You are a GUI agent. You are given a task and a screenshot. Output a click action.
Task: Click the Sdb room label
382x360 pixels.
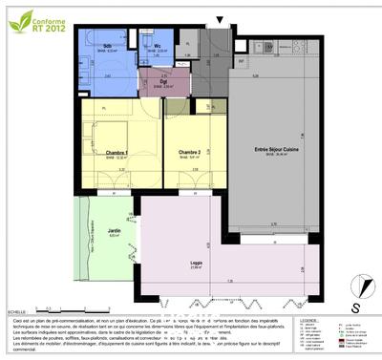(106, 46)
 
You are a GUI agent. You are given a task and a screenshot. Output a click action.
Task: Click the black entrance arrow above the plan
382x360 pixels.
(222, 20)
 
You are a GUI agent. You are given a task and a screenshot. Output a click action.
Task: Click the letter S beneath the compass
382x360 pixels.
(355, 307)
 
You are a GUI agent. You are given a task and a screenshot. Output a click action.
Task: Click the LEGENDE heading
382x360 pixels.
(308, 321)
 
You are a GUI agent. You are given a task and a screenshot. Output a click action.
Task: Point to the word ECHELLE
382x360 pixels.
(16, 311)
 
